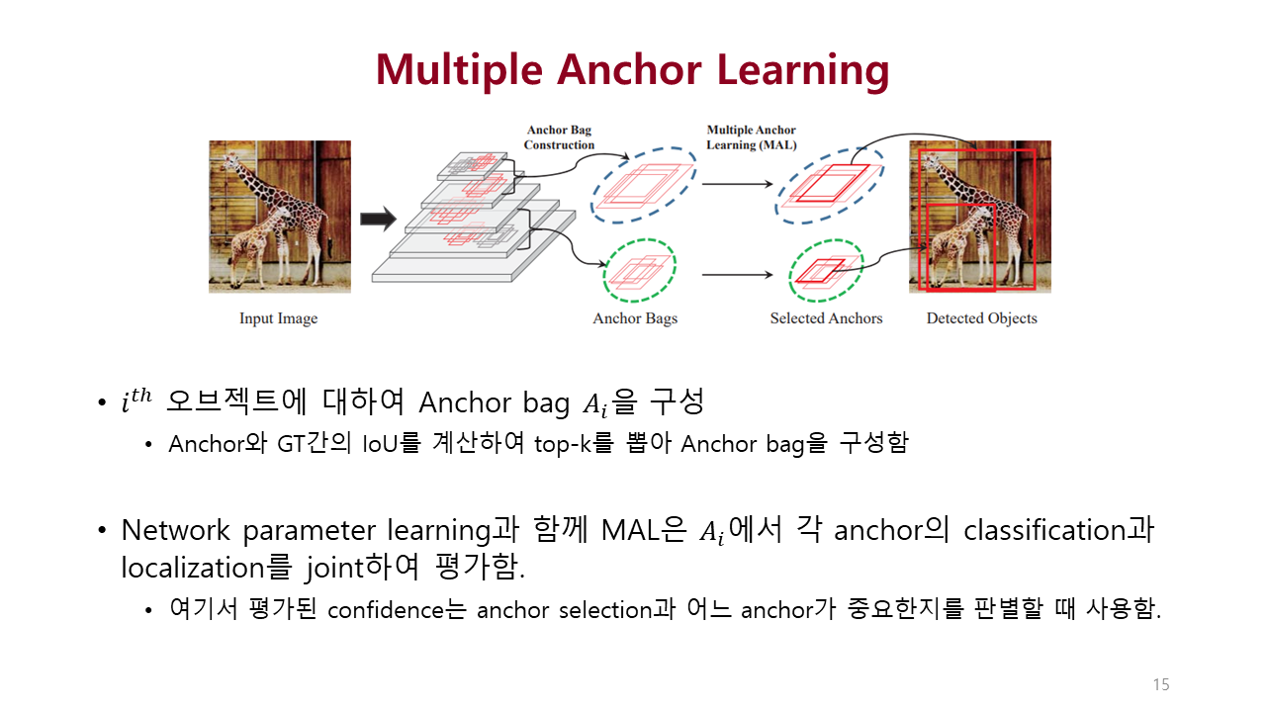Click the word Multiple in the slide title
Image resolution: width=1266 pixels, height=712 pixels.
458,70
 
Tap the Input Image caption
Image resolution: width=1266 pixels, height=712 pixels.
278,318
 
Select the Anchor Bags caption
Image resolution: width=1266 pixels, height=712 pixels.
635,318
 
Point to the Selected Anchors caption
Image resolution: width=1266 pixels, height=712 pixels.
826,318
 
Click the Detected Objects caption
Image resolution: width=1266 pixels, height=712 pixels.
981,318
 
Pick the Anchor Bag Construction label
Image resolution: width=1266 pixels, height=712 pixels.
559,137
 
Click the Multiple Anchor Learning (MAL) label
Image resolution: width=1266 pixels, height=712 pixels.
751,137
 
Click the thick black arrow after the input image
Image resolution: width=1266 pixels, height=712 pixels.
377,220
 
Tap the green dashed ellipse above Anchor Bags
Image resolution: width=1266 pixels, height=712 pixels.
639,270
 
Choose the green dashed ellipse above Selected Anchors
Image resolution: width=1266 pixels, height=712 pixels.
826,270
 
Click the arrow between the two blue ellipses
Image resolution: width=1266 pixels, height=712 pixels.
736,184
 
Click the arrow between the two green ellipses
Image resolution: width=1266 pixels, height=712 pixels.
736,275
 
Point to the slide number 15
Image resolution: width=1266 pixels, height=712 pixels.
1160,684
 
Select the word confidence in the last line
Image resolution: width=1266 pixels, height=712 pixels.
387,610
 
